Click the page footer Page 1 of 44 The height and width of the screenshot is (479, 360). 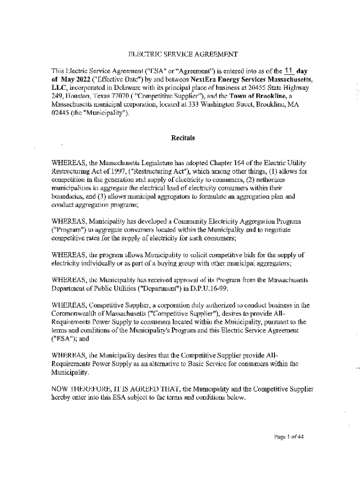289,437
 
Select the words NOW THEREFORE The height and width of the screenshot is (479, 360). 81,389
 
